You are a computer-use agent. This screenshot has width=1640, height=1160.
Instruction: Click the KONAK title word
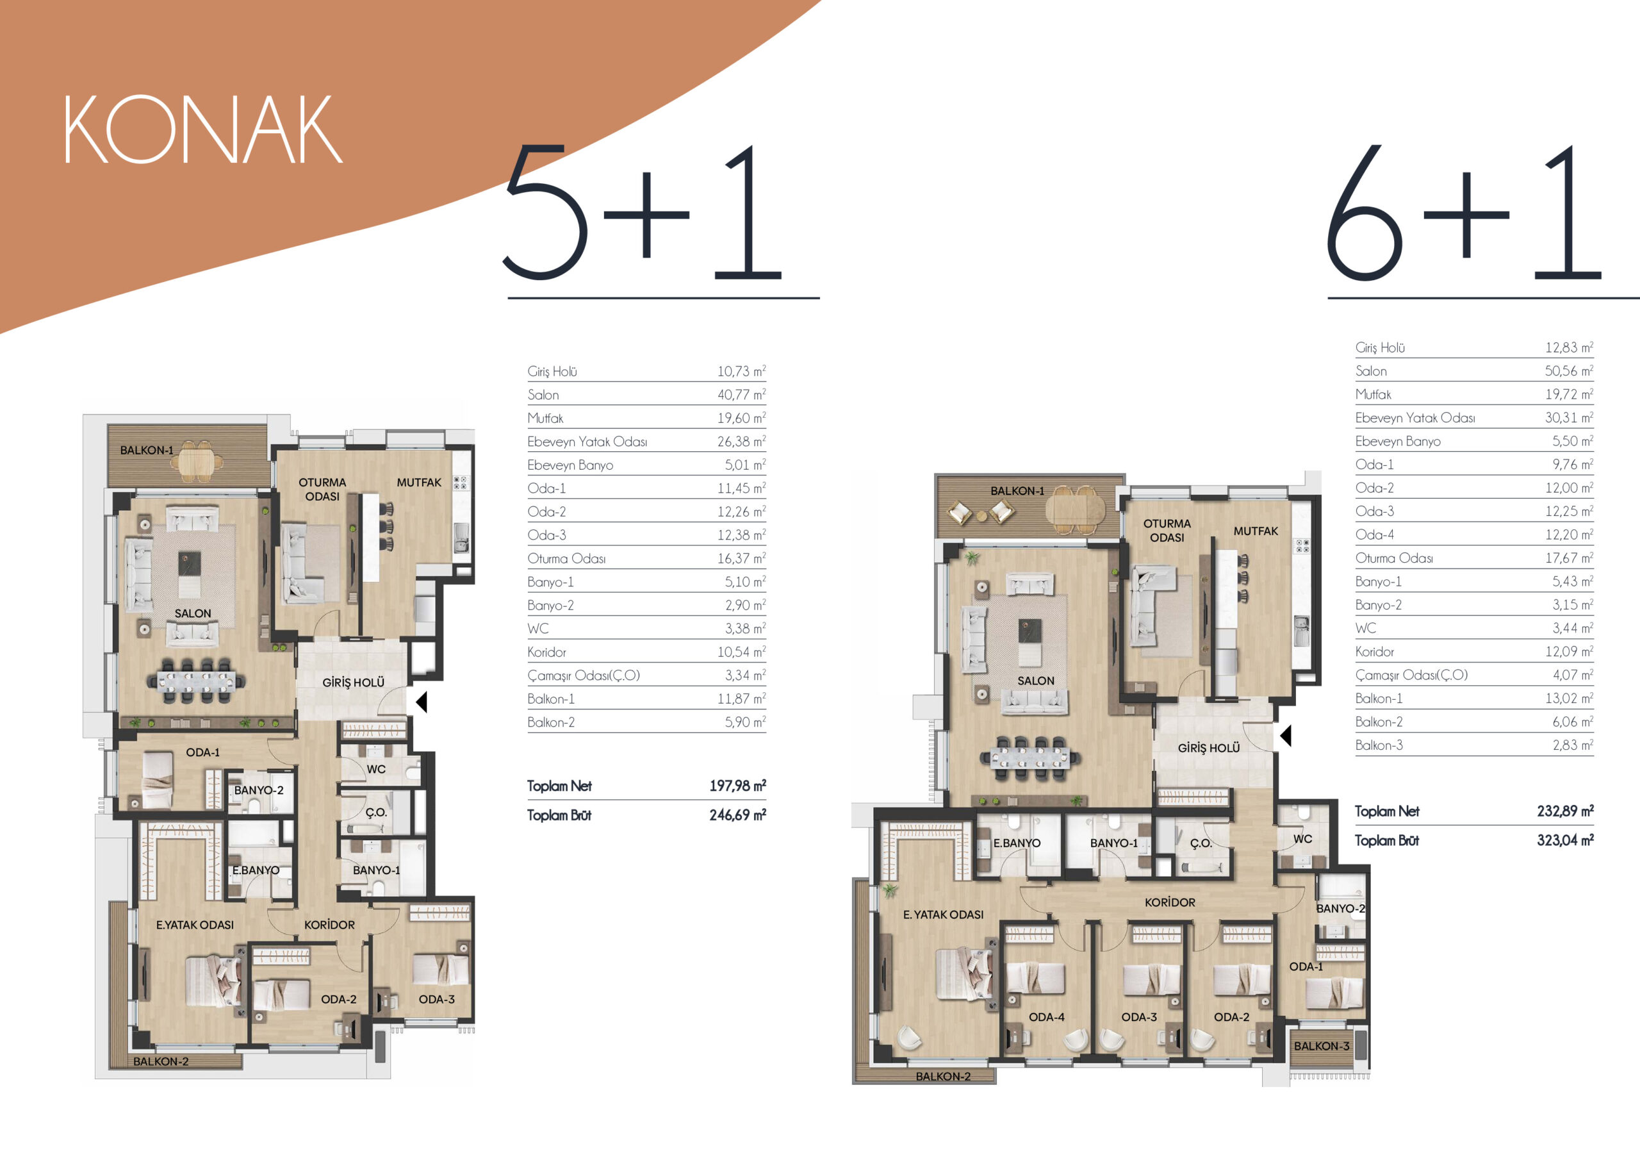pyautogui.click(x=203, y=129)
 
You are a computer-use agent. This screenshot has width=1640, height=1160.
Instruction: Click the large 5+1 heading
pyautogui.click(x=642, y=212)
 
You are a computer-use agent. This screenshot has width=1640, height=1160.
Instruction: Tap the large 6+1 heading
pyautogui.click(x=1464, y=212)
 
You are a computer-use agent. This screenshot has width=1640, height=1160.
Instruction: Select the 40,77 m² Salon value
pyautogui.click(x=741, y=395)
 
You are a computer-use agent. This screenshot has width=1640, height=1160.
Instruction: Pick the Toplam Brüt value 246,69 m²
pyautogui.click(x=737, y=815)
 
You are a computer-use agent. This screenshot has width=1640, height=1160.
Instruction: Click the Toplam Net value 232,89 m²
pyautogui.click(x=1565, y=811)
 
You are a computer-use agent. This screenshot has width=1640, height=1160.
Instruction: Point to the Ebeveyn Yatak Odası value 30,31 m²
pyautogui.click(x=1570, y=417)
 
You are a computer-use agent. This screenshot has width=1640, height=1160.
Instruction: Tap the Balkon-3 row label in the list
pyautogui.click(x=1379, y=745)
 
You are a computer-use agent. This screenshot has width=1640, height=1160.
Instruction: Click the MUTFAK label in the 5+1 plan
pyautogui.click(x=419, y=483)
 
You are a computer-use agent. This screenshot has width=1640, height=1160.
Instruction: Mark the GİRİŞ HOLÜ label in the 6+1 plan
pyautogui.click(x=1209, y=748)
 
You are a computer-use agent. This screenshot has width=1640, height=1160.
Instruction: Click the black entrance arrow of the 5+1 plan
pyautogui.click(x=422, y=702)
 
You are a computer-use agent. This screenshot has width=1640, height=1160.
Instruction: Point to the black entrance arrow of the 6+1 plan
pyautogui.click(x=1286, y=736)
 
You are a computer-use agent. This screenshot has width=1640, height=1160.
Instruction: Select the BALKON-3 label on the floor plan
pyautogui.click(x=1322, y=1046)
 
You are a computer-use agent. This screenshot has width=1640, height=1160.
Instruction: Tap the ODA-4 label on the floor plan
pyautogui.click(x=1046, y=1016)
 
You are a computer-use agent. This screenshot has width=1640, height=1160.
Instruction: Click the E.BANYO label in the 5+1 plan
pyautogui.click(x=256, y=870)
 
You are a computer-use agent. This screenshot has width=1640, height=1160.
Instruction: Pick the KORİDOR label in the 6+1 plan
pyautogui.click(x=1170, y=902)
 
